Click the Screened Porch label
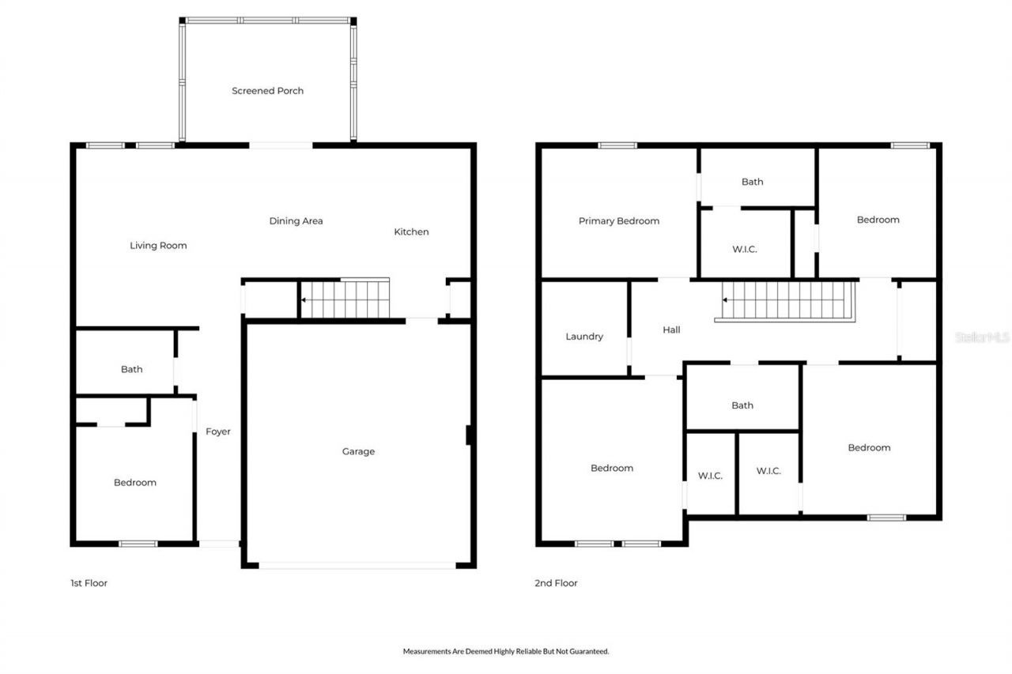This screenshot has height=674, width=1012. tap(267, 91)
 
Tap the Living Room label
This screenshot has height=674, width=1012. tap(158, 246)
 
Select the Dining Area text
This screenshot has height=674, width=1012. tap(296, 221)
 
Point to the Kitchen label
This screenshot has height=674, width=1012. tap(411, 232)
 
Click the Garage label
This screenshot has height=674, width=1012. tap(358, 452)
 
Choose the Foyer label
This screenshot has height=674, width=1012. tap(218, 431)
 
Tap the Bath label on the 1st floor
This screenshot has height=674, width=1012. tap(131, 369)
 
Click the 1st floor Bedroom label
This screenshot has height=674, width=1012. tap(135, 483)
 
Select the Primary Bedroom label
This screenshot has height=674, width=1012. tap(618, 221)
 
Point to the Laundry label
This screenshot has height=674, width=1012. tap(584, 337)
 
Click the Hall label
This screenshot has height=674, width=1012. tap(671, 329)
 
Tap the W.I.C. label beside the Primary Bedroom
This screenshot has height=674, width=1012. tap(745, 249)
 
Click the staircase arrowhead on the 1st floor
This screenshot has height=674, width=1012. tap(303, 300)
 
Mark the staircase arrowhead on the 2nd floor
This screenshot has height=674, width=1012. tap(725, 300)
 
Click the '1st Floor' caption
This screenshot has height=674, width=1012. tap(89, 583)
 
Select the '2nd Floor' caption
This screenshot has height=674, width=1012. tap(556, 583)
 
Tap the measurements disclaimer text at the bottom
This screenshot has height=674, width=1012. tap(506, 651)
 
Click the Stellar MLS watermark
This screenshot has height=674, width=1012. tap(982, 337)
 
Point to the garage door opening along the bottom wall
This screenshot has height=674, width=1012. tap(357, 565)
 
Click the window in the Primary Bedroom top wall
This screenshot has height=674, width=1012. tap(617, 145)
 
